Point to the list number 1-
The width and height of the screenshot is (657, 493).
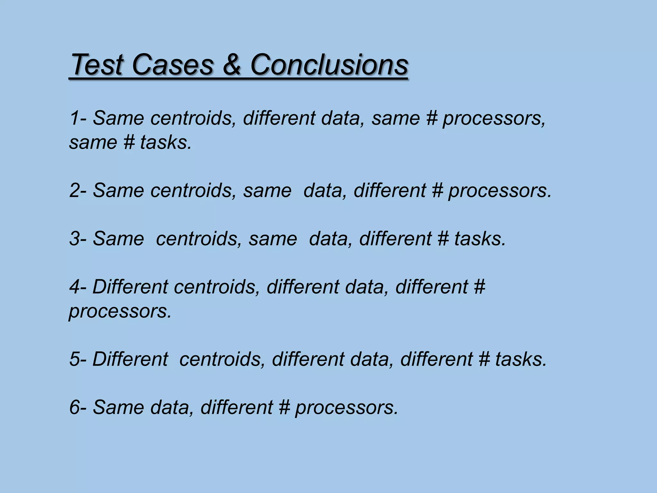click(78, 118)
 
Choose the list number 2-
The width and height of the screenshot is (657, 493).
click(78, 190)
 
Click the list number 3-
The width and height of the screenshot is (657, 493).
click(78, 239)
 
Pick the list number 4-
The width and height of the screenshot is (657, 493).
click(78, 287)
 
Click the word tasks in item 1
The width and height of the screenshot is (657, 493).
click(165, 142)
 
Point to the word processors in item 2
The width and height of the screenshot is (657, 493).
click(499, 191)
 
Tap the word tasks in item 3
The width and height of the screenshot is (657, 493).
click(480, 239)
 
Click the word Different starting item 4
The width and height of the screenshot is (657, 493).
click(130, 287)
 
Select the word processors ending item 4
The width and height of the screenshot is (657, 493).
click(120, 311)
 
